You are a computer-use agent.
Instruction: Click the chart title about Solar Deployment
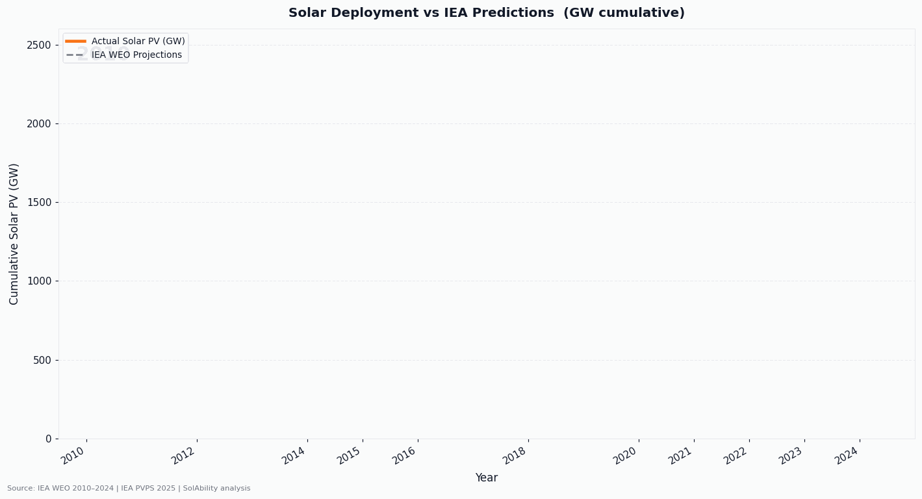[x=486, y=13]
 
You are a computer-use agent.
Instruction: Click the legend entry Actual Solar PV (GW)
[x=138, y=41]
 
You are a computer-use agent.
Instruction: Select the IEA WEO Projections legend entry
[x=136, y=55]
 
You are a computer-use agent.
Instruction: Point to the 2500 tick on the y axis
[x=38, y=45]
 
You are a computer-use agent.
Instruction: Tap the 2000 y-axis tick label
[x=38, y=123]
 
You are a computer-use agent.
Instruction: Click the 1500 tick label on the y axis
[x=38, y=203]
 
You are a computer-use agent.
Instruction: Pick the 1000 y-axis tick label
[x=38, y=281]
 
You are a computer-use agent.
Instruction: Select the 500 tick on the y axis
[x=42, y=360]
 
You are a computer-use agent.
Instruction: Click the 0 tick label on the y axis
[x=48, y=439]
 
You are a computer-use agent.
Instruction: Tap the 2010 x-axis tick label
[x=73, y=455]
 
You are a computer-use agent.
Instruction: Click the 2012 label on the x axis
[x=184, y=455]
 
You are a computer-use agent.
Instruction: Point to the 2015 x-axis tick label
[x=350, y=455]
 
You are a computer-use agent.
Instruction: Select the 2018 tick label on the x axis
[x=515, y=455]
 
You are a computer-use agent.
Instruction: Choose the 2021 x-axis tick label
[x=681, y=455]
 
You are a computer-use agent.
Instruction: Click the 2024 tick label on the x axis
[x=847, y=455]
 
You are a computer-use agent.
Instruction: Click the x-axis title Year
[x=486, y=478]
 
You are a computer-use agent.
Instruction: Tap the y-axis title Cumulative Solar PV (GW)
[x=14, y=234]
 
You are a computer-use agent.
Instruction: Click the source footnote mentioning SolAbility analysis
[x=129, y=489]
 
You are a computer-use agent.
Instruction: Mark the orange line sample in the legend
[x=75, y=41]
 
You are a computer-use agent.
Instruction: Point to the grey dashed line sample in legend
[x=75, y=55]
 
